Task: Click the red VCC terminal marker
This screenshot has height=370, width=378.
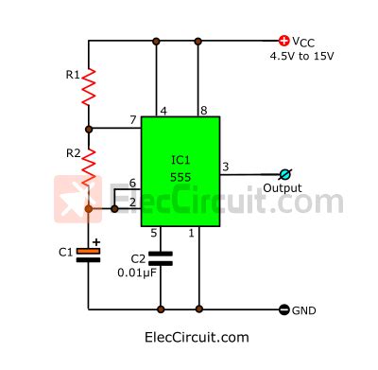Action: click(x=283, y=41)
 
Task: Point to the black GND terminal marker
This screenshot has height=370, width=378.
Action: click(x=283, y=309)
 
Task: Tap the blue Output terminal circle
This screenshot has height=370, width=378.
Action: click(x=284, y=174)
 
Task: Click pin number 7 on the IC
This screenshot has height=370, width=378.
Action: click(x=132, y=121)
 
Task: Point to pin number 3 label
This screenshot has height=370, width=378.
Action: click(x=225, y=167)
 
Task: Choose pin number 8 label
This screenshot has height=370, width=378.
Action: click(x=203, y=110)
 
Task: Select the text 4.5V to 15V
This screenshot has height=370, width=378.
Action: click(x=302, y=56)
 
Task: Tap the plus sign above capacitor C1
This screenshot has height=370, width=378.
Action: click(x=95, y=240)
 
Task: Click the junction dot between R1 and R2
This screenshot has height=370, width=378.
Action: click(x=88, y=128)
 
